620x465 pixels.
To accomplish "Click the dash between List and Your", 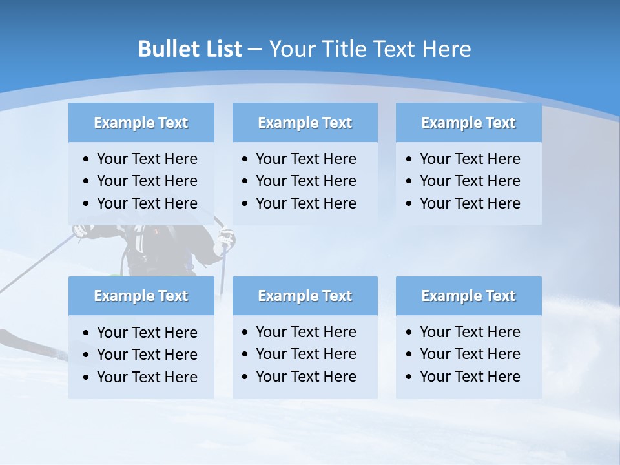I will click(254, 50).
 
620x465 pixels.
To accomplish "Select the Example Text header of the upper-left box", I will click(141, 123).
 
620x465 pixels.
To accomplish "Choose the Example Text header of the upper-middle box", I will click(305, 123).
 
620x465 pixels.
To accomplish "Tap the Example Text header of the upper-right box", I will click(468, 123).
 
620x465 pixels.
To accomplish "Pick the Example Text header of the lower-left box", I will click(141, 296).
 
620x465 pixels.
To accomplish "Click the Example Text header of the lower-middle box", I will click(305, 296).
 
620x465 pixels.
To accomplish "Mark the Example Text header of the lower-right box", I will click(468, 296).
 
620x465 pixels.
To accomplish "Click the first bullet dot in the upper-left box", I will click(87, 160).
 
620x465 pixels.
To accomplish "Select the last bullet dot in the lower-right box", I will click(409, 377).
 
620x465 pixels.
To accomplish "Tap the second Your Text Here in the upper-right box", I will click(470, 181).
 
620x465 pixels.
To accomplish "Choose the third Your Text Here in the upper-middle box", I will click(305, 203).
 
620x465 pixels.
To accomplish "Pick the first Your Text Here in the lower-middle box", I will click(305, 332).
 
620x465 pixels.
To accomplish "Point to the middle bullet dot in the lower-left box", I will click(87, 355).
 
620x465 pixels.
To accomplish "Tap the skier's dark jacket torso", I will click(165, 249).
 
